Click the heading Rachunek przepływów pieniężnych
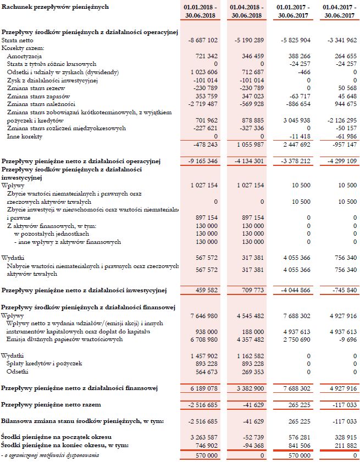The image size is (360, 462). [x=55, y=7]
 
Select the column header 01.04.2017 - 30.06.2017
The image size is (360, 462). [x=339, y=11]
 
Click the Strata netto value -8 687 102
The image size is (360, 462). [x=203, y=41]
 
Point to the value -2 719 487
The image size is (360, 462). [x=203, y=104]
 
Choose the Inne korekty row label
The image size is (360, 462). [x=25, y=136]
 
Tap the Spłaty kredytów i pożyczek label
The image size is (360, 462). [x=44, y=363]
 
